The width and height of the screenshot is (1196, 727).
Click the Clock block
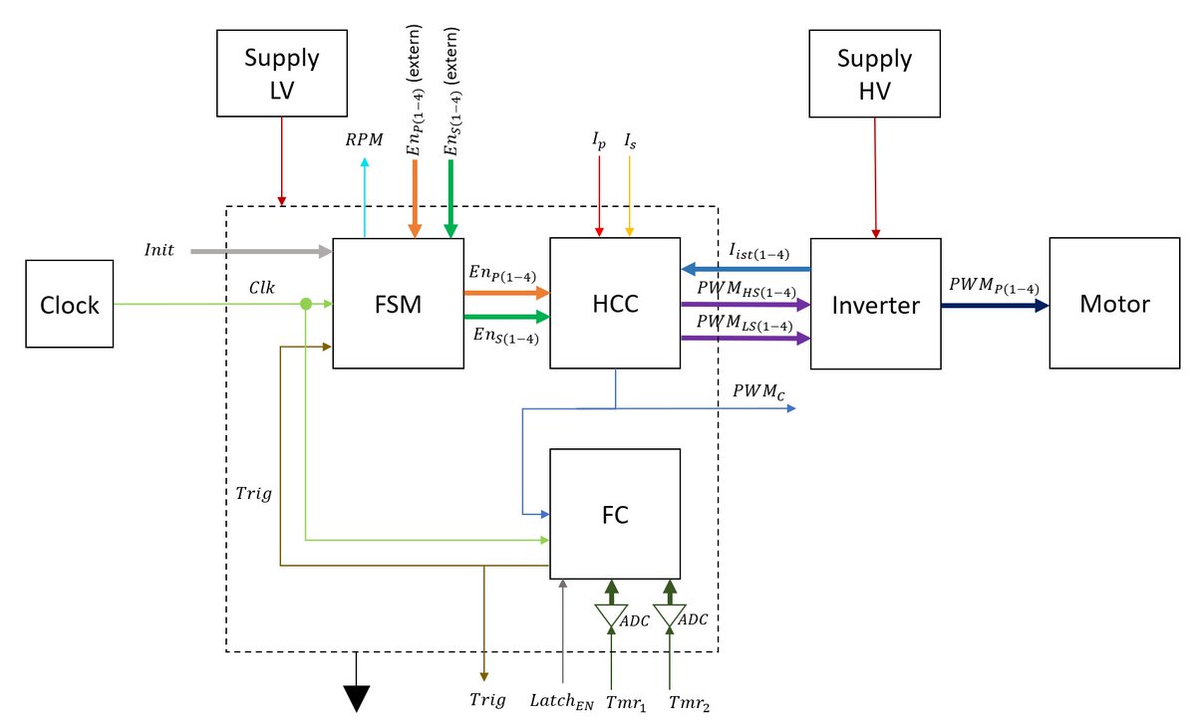70,304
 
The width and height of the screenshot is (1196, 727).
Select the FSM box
398,304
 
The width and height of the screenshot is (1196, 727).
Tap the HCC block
615,304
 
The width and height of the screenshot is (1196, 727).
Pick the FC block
615,514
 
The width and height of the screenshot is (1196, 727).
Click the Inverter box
875,304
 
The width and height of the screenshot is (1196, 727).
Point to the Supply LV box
282,72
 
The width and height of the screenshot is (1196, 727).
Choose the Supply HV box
874,72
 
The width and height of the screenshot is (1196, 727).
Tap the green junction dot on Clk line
306,304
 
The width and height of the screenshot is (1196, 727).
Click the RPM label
364,139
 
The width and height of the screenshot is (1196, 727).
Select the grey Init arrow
259,252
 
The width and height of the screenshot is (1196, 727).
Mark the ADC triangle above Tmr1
612,617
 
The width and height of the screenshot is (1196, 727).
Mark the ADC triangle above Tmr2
669,617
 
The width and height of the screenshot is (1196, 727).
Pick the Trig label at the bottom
486,700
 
